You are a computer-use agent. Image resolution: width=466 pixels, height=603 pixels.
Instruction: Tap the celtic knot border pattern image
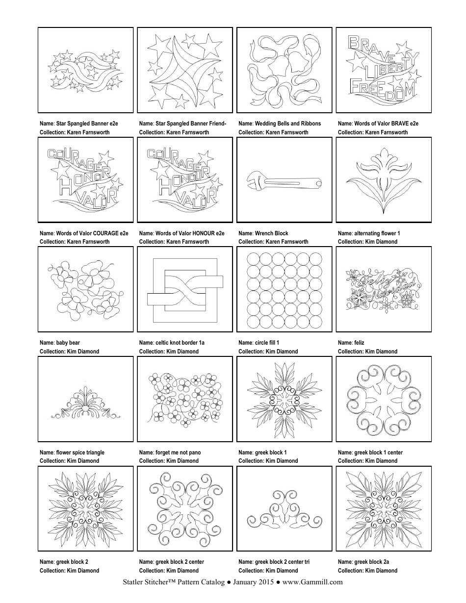click(x=184, y=289)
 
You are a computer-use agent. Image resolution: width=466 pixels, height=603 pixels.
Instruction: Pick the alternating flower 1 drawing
click(x=383, y=180)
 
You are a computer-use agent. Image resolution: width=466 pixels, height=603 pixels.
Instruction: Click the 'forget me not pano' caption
click(x=170, y=452)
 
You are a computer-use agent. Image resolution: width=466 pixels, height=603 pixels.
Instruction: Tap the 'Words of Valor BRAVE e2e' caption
click(x=378, y=124)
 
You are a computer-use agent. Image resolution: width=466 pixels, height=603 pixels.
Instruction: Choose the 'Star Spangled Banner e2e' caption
click(x=79, y=124)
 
